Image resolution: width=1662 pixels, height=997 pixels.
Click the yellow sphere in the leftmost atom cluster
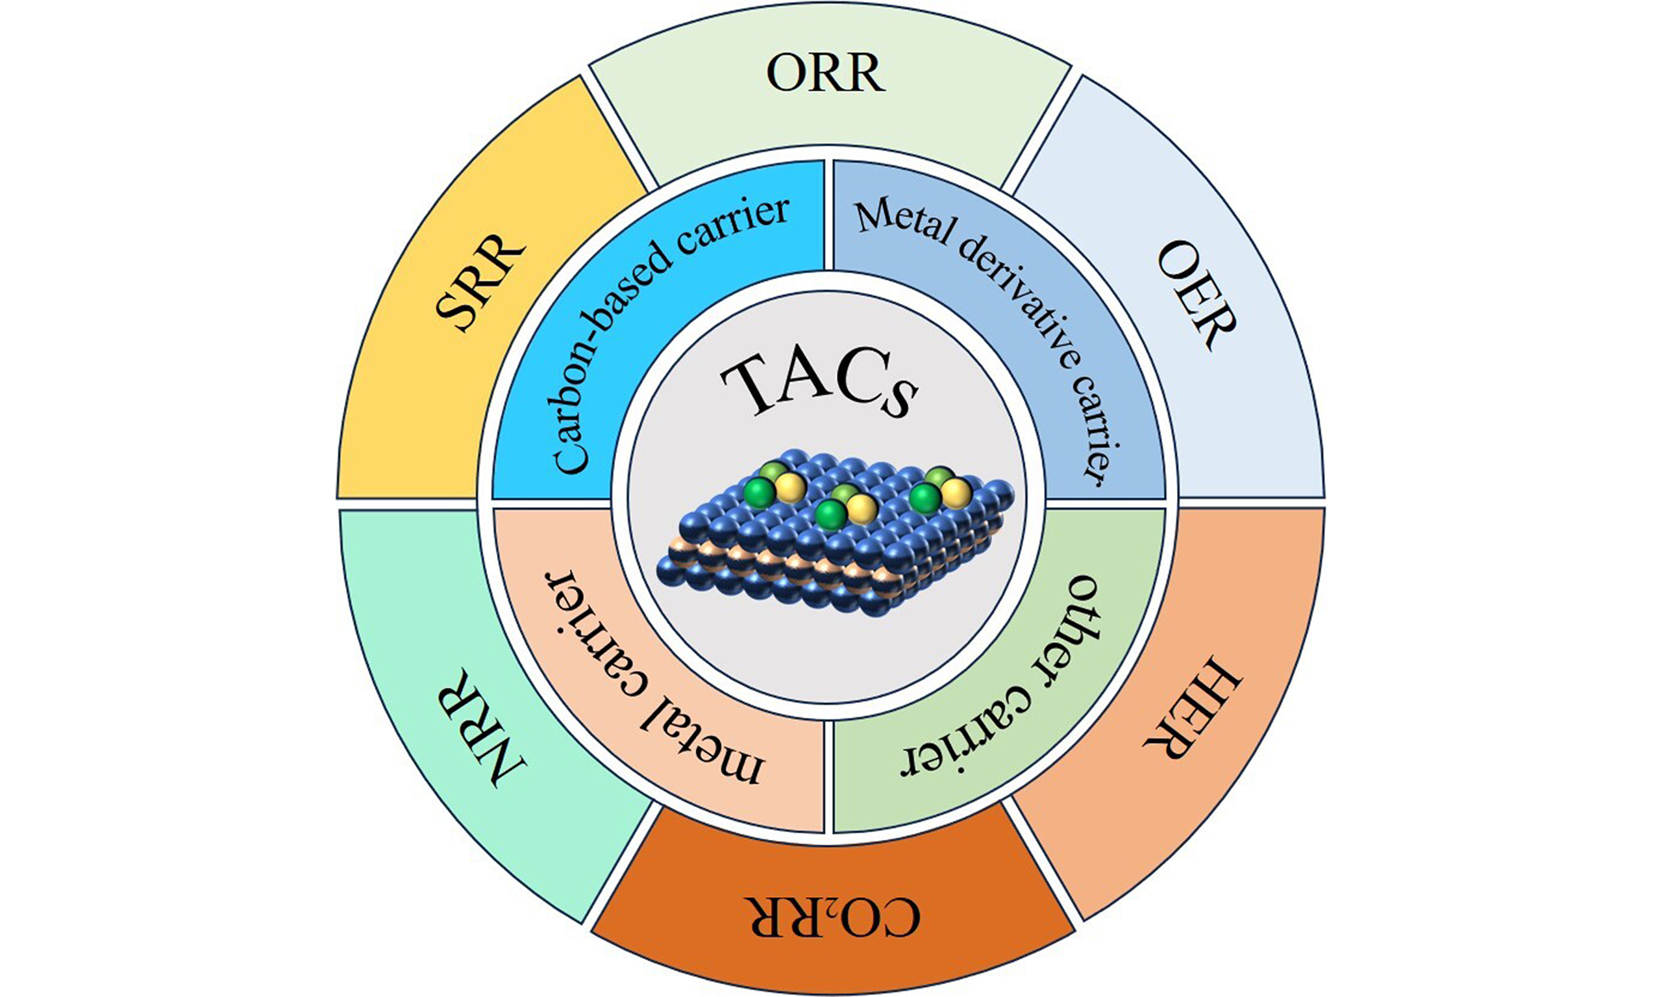pyautogui.click(x=790, y=486)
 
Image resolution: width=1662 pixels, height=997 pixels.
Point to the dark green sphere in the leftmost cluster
pyautogui.click(x=760, y=492)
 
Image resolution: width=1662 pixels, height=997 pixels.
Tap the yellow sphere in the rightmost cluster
pyautogui.click(x=956, y=493)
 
